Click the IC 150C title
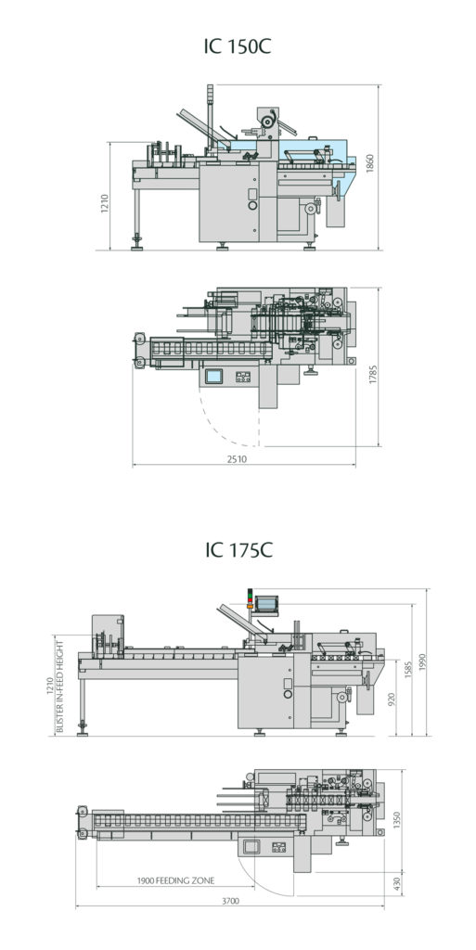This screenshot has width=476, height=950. click(x=238, y=46)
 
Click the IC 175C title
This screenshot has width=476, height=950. click(x=238, y=550)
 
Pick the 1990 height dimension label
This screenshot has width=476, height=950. click(x=424, y=661)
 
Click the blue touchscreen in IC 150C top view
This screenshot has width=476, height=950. click(x=214, y=376)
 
